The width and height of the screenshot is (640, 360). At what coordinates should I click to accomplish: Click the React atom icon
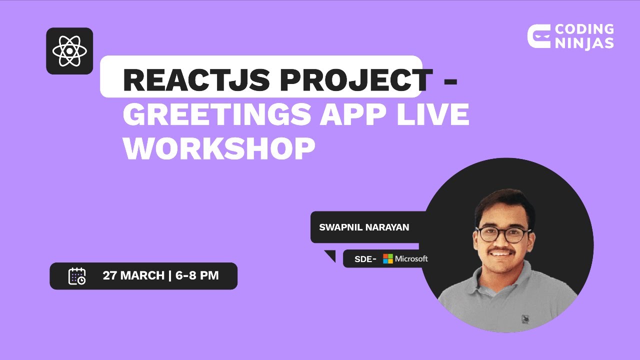pyautogui.click(x=69, y=51)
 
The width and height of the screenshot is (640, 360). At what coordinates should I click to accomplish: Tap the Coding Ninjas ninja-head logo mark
pyautogui.click(x=538, y=36)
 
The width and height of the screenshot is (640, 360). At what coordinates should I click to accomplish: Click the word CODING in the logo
pyautogui.click(x=584, y=30)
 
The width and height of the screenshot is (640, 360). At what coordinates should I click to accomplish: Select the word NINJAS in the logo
pyautogui.click(x=584, y=43)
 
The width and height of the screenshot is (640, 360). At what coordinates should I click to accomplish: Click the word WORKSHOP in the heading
pyautogui.click(x=219, y=148)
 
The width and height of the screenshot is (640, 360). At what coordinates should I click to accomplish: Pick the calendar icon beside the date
pyautogui.click(x=77, y=276)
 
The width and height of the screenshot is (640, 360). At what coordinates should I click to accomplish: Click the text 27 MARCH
pyautogui.click(x=133, y=275)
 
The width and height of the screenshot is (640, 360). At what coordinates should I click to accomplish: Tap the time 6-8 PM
pyautogui.click(x=197, y=275)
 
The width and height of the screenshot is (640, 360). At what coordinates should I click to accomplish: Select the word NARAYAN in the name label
pyautogui.click(x=387, y=227)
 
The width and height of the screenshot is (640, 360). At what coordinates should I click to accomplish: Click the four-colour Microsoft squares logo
pyautogui.click(x=388, y=258)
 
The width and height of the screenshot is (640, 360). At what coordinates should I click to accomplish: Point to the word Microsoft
pyautogui.click(x=411, y=258)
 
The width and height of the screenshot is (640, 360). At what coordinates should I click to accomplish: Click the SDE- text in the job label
pyautogui.click(x=365, y=259)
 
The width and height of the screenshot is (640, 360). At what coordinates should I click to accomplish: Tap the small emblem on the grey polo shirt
pyautogui.click(x=525, y=318)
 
